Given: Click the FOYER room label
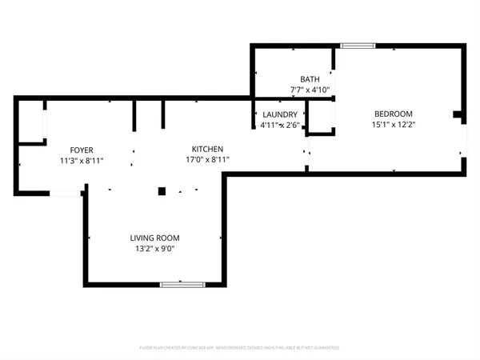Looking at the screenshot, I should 82,150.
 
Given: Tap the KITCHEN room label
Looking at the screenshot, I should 207,150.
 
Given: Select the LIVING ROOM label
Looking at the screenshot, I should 154,238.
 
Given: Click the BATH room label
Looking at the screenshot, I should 310,79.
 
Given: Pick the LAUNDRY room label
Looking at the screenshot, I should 280,114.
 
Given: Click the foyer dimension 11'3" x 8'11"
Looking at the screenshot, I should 82,161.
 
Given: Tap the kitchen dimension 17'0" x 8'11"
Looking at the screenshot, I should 207,160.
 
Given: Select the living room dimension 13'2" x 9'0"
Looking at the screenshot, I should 154,249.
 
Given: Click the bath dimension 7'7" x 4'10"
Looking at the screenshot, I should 310,90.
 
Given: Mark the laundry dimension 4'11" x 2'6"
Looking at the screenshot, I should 280,125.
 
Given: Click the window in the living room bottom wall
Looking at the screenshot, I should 182,284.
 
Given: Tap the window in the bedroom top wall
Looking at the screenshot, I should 358,46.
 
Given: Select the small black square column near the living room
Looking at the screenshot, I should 162,191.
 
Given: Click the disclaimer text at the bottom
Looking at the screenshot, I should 239,348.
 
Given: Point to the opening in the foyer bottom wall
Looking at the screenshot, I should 65,193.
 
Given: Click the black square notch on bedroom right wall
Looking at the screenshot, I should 458,114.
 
